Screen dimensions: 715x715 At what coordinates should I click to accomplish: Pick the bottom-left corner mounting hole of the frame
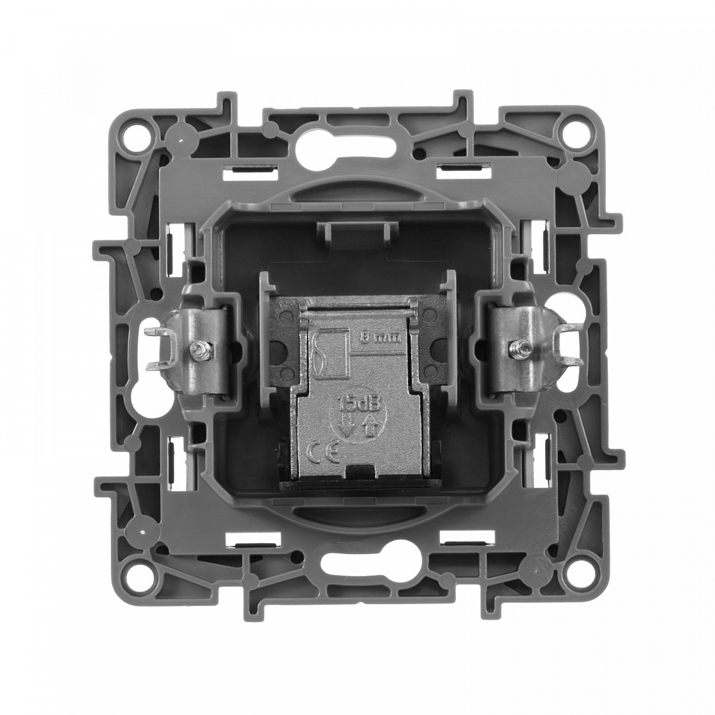click(138, 578)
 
